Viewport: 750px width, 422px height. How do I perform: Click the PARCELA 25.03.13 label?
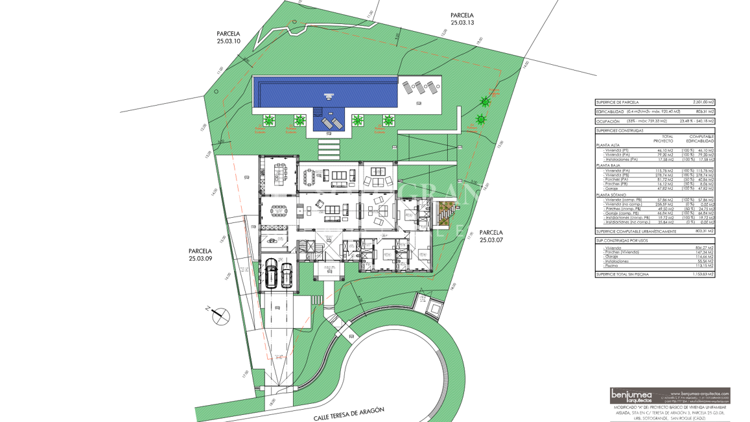click(x=462, y=19)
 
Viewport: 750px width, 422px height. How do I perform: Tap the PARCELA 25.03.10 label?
click(x=228, y=38)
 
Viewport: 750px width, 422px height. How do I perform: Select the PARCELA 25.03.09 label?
click(x=200, y=255)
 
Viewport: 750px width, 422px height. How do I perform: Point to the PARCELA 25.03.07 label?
click(x=491, y=236)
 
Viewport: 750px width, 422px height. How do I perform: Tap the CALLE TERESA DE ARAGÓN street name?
click(x=349, y=414)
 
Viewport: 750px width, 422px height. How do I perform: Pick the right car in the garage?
click(x=287, y=274)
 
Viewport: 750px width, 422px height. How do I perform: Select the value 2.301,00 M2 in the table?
click(x=703, y=102)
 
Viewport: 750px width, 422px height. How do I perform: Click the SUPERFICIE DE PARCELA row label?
click(x=617, y=102)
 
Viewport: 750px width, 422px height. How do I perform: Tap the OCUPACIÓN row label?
click(x=608, y=121)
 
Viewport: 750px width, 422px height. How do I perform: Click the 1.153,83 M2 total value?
click(x=702, y=274)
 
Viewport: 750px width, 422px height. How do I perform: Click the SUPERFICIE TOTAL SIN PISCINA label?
click(x=627, y=274)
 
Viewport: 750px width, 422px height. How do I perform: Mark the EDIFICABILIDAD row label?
click(x=611, y=112)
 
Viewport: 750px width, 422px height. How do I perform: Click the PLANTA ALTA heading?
click(x=608, y=145)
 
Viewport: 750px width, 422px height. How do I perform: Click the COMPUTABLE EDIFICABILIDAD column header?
click(x=701, y=139)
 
